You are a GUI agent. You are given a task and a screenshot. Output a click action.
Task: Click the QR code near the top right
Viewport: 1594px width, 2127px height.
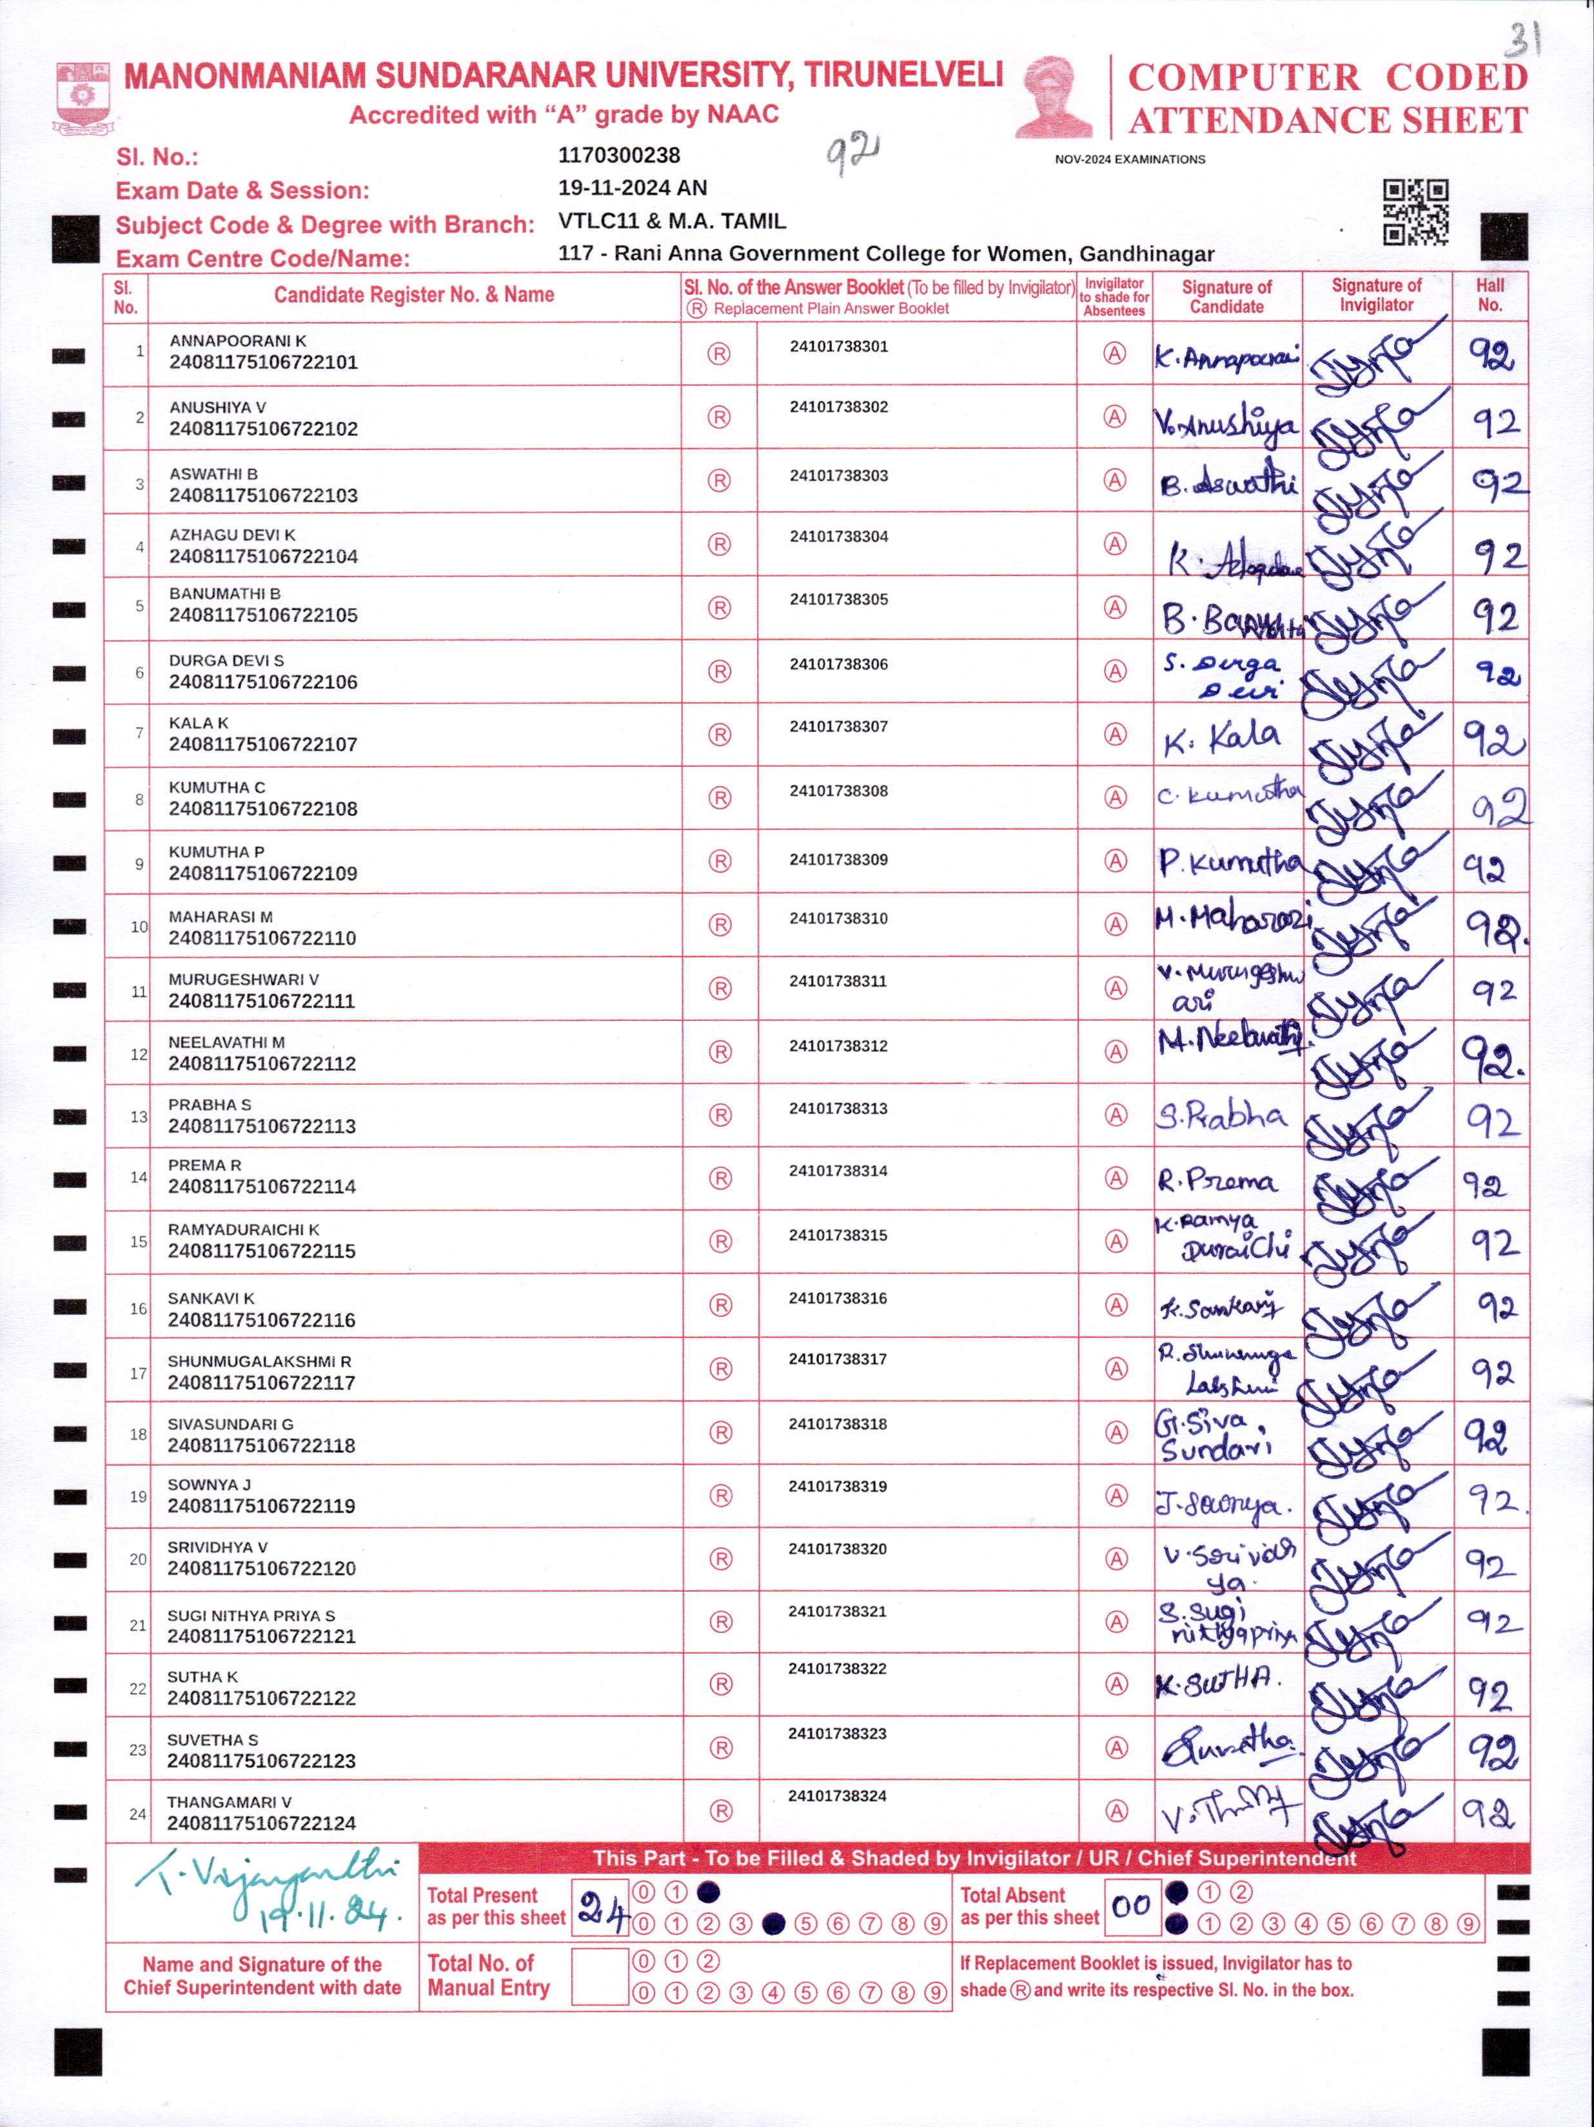[1415, 212]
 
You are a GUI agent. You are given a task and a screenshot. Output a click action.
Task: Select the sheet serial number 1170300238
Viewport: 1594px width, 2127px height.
[619, 155]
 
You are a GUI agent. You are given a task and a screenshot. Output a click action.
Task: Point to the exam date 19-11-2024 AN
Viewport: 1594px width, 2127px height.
[632, 188]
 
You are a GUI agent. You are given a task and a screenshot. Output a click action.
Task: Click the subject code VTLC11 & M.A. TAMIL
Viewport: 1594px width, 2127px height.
[671, 221]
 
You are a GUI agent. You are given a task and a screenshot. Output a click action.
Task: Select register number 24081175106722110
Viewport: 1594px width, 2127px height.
[262, 938]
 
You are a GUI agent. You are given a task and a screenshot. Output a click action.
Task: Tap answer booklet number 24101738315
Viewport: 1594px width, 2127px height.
[838, 1234]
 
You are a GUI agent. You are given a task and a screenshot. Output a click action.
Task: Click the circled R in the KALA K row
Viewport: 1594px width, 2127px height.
[719, 735]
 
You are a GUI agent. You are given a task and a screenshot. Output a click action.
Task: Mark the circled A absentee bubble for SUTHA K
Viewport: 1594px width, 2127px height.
[1116, 1684]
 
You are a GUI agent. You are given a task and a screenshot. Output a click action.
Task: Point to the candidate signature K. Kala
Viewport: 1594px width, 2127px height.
[1221, 738]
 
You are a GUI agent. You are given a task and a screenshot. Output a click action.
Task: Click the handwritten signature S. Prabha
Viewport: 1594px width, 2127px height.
[1221, 1116]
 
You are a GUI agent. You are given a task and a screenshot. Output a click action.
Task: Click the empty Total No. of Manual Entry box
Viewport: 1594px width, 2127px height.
[600, 1976]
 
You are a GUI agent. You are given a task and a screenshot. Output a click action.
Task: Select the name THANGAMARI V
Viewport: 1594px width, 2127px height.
[229, 1802]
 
